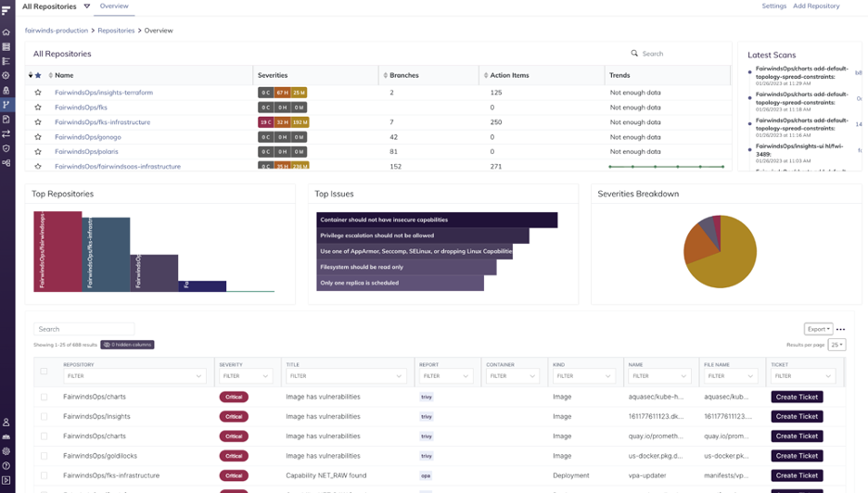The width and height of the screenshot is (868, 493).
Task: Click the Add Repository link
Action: pos(816,6)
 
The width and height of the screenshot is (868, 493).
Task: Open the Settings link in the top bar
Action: pos(773,6)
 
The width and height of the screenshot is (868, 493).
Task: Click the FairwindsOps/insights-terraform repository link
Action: pos(104,93)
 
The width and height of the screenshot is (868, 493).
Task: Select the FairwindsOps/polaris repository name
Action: pos(86,152)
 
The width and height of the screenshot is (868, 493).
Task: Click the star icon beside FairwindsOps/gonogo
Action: pos(38,137)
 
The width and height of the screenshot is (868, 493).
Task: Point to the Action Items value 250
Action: pos(496,122)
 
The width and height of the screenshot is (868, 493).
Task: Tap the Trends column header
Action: pos(619,75)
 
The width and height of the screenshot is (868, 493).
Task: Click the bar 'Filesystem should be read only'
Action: pos(406,267)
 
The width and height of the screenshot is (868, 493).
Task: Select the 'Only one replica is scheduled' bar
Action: pos(400,283)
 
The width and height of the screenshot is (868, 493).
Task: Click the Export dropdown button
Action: pos(818,329)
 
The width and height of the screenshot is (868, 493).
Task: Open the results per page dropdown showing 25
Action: pos(836,345)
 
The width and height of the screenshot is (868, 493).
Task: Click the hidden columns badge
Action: pos(127,345)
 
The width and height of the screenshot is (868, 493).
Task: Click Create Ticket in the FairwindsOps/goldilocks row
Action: pos(797,456)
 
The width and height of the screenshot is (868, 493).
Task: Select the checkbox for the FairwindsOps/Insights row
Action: pos(44,417)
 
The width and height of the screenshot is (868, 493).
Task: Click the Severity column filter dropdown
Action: pos(245,376)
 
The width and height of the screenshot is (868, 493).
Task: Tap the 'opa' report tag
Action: pos(426,475)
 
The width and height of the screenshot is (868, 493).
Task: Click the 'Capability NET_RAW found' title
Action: pos(325,475)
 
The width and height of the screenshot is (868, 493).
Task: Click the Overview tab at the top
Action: pos(114,6)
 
